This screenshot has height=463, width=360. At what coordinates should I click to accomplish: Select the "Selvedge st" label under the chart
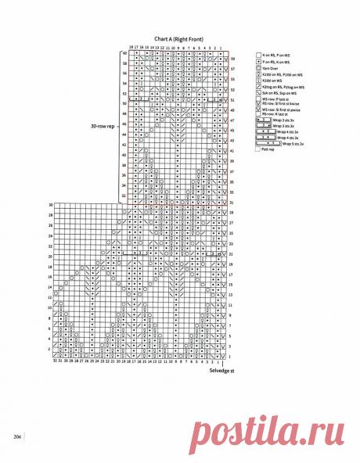click(222, 370)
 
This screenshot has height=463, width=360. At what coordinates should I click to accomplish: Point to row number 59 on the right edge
click(232, 59)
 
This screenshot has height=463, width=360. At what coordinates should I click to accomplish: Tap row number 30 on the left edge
click(50, 205)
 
